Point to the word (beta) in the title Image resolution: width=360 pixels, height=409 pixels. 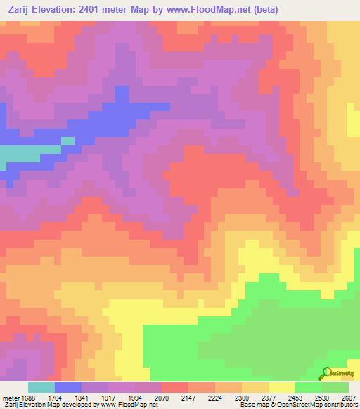(267, 10)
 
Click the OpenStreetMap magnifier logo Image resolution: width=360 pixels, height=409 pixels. (325, 373)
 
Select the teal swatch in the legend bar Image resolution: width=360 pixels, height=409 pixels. (41, 387)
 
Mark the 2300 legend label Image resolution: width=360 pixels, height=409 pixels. (240, 397)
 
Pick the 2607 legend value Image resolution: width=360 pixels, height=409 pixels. (347, 397)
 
